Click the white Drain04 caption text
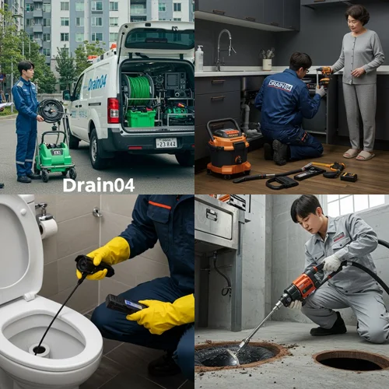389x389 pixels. tap(98, 184)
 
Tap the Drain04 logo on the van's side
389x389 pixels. tap(96, 82)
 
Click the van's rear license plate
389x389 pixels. tap(166, 142)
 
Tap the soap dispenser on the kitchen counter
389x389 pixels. tap(200, 58)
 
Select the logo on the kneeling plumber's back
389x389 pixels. tap(280, 85)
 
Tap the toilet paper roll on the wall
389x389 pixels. tap(48, 226)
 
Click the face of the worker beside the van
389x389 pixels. tap(26, 73)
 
